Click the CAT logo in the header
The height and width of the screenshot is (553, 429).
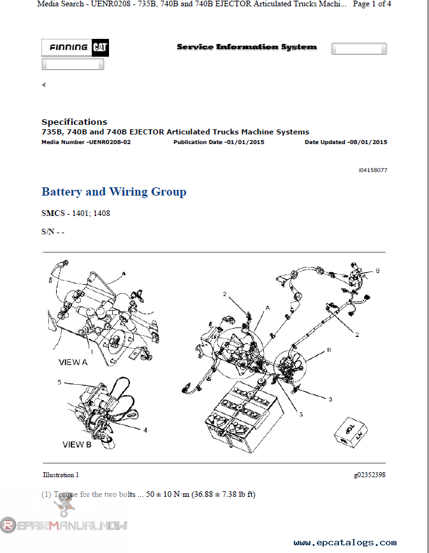pos(99,48)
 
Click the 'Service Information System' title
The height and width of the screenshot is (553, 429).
pos(246,47)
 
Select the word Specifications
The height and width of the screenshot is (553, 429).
pos(75,122)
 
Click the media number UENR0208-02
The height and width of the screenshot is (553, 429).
pos(110,142)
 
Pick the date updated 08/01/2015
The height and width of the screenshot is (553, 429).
pos(367,142)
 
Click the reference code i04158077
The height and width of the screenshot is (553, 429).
pos(372,171)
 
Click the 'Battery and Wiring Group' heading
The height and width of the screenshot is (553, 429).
pos(114,192)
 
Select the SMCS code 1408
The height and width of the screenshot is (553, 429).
pos(101,213)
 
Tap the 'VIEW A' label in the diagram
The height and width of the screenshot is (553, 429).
pos(73,361)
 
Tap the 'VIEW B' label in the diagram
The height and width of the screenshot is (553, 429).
pos(76,444)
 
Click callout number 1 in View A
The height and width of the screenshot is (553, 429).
pos(91,351)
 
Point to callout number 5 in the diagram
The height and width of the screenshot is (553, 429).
pos(59,382)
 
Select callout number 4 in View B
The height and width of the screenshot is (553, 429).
pos(145,430)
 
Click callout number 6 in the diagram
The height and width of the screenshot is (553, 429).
pos(377,270)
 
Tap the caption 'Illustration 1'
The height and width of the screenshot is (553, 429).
pos(61,475)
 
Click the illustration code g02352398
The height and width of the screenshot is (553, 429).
pos(370,475)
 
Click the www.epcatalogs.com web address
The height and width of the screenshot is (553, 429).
pos(345,543)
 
